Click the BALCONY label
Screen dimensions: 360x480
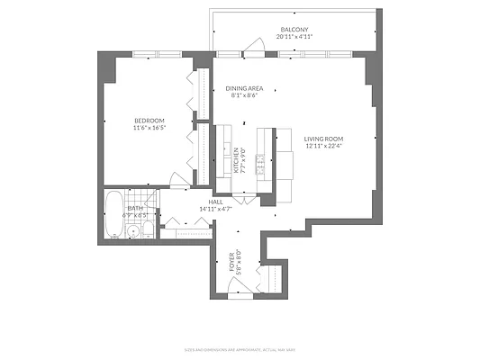click(294, 29)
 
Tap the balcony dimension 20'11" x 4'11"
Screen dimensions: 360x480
click(294, 38)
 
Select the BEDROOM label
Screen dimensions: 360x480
click(149, 120)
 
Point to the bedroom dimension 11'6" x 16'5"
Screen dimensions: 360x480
click(149, 129)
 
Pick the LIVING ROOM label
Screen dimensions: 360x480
click(325, 138)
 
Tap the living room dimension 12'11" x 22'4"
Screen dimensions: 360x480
click(325, 147)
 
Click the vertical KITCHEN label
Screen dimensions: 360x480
click(237, 160)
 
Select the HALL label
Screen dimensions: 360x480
click(216, 202)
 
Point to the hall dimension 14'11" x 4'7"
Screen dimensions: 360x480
click(216, 210)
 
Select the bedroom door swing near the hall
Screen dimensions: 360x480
click(180, 180)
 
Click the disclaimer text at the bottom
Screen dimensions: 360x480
click(240, 348)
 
